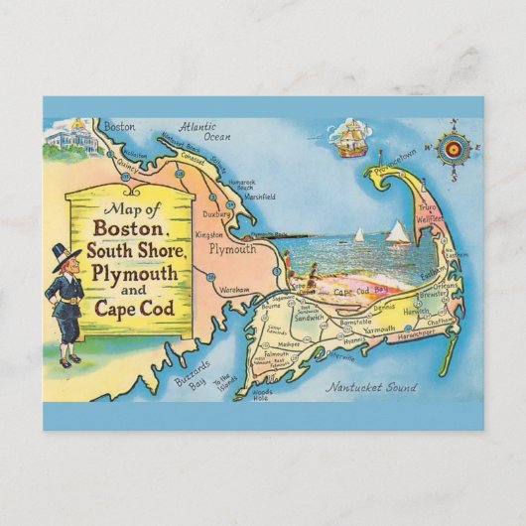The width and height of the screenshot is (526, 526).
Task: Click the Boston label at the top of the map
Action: point(118,126)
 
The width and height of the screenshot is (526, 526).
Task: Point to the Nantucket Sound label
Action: point(372,387)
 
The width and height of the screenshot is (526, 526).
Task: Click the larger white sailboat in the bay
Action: point(397,233)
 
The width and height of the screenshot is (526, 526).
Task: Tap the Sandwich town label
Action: point(308,317)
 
